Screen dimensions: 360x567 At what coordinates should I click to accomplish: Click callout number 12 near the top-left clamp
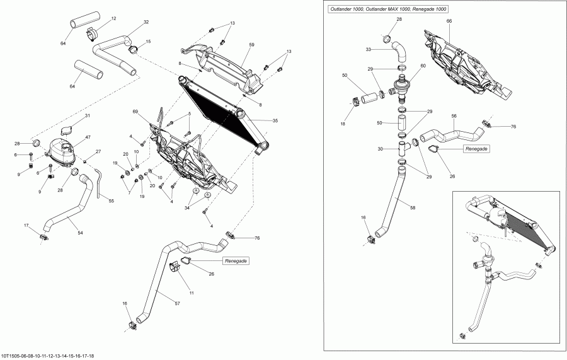[x=113, y=19]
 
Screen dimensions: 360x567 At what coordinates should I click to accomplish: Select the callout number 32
[x=146, y=23]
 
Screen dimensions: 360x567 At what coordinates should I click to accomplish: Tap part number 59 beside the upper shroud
[x=251, y=45]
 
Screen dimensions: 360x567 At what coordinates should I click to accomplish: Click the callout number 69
[x=135, y=112]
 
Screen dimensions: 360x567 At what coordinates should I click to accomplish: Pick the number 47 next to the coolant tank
[x=88, y=137]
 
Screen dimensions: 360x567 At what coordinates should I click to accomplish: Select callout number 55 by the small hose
[x=112, y=201]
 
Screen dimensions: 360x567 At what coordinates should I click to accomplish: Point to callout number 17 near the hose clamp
[x=26, y=225]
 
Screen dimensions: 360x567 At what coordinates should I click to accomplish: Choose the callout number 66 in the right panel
[x=449, y=21]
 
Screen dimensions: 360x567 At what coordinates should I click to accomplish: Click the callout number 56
[x=453, y=117]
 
